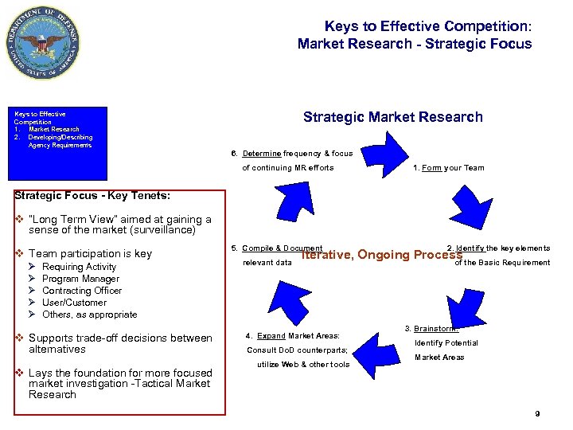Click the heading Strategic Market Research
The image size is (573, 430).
pos(392,117)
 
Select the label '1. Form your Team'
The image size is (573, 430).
pos(448,168)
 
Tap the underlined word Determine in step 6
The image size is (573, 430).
pos(262,153)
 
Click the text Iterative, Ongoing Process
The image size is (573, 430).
pos(381,255)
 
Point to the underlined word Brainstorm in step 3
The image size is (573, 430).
pos(435,328)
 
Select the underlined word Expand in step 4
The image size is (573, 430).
pos(271,335)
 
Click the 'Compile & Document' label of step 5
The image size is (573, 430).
pos(282,248)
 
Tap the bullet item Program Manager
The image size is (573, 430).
pos(80,279)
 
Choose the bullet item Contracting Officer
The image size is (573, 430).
pos(82,291)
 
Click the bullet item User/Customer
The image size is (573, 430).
pos(74,303)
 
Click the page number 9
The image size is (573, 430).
pos(538,413)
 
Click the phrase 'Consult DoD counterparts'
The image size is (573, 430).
pos(297,350)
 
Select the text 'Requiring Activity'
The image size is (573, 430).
pos(79,267)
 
